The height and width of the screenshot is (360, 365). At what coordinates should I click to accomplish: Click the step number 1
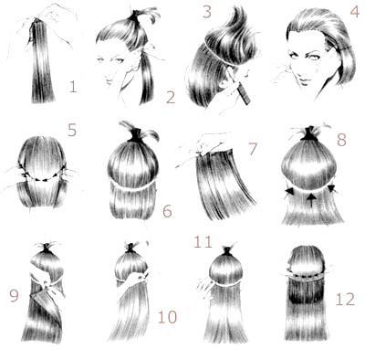coord(72,87)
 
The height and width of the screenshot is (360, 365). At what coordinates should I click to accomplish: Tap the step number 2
coord(171,98)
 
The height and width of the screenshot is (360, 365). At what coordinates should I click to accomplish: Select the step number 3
coord(207,12)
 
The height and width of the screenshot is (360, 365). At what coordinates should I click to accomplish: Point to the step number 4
coord(354,12)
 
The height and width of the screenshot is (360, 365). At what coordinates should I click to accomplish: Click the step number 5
coord(72,130)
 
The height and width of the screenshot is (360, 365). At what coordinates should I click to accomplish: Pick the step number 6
coord(167,211)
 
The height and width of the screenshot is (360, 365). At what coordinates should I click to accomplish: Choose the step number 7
coord(253,149)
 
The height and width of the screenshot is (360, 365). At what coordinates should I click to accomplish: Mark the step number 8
coord(341,140)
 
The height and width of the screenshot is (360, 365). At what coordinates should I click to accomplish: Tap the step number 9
coord(14,295)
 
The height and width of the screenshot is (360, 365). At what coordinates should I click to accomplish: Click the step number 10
coord(167,317)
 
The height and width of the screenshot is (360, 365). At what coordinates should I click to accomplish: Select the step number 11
coord(203,242)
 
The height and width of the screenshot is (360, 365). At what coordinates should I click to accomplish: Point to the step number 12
coord(345,299)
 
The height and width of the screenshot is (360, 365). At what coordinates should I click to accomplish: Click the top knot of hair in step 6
coord(138,133)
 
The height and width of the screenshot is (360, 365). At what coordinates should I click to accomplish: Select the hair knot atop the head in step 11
coord(227,251)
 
